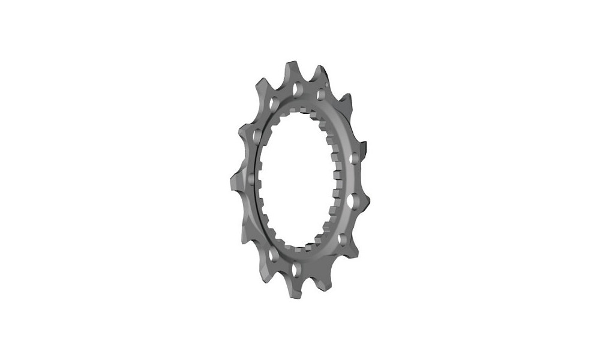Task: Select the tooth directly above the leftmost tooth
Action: (x=246, y=129)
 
